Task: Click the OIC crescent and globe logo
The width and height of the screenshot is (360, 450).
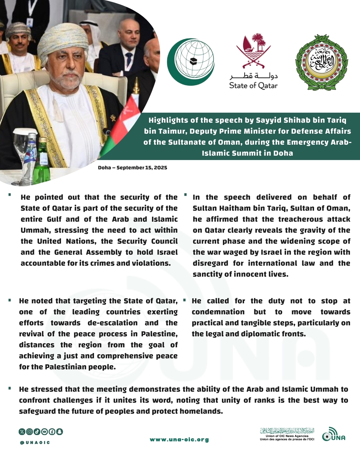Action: [x=191, y=62]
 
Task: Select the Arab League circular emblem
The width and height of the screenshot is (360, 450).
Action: [x=321, y=62]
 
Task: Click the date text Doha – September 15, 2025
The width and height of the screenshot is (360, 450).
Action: [x=132, y=168]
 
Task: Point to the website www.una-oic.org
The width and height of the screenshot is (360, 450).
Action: [x=179, y=440]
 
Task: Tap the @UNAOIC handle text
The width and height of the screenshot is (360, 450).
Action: [x=35, y=443]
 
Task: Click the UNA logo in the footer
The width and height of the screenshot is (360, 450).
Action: [x=334, y=434]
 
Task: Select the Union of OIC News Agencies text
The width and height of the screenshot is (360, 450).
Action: [x=287, y=436]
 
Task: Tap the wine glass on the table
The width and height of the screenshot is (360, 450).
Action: [x=21, y=143]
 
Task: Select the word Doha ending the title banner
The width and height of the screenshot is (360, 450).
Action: [x=283, y=153]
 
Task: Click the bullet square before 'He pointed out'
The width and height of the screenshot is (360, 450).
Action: [x=10, y=194]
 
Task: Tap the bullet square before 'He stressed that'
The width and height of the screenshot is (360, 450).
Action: [x=10, y=388]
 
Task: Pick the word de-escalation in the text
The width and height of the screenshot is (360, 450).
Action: [x=112, y=323]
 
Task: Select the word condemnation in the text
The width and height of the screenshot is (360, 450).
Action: [x=218, y=312]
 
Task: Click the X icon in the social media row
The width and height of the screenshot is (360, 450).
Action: [x=22, y=432]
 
